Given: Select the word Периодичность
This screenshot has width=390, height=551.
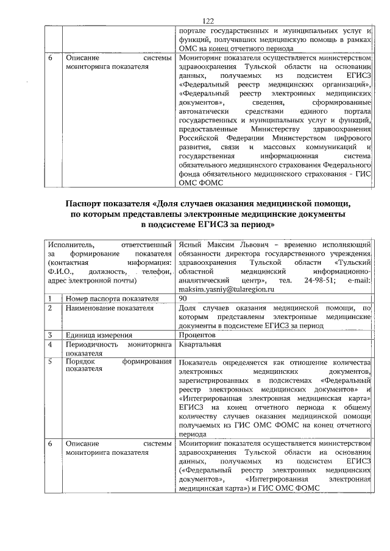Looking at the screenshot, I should (94, 345).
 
